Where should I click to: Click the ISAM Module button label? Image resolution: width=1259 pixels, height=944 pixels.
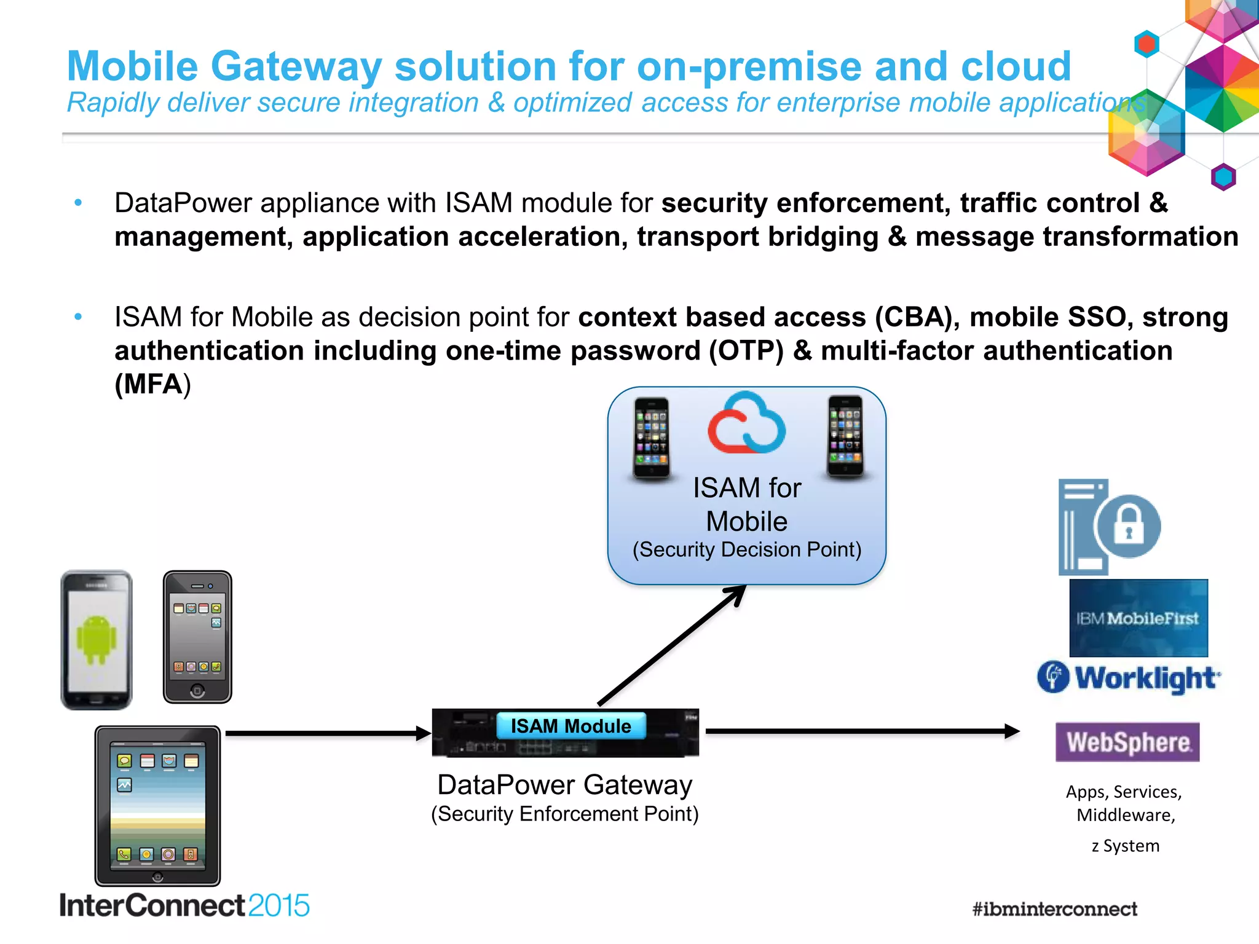pyautogui.click(x=571, y=726)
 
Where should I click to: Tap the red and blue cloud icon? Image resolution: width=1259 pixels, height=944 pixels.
pyautogui.click(x=746, y=424)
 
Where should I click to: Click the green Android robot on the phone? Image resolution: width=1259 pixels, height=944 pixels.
pyautogui.click(x=97, y=640)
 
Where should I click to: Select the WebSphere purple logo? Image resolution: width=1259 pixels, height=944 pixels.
pyautogui.click(x=1127, y=742)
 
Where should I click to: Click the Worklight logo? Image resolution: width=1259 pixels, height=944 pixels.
pyautogui.click(x=1129, y=678)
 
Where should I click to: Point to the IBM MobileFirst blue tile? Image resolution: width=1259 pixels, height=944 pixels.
pyautogui.click(x=1139, y=618)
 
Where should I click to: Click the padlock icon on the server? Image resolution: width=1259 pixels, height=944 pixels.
pyautogui.click(x=1129, y=526)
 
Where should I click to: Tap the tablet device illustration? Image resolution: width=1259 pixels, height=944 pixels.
pyautogui.click(x=157, y=806)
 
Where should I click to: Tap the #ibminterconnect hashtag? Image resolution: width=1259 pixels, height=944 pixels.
pyautogui.click(x=1054, y=909)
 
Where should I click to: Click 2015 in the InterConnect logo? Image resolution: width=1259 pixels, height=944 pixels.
pyautogui.click(x=278, y=906)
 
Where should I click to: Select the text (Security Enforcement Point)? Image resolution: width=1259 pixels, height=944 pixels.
pyautogui.click(x=564, y=814)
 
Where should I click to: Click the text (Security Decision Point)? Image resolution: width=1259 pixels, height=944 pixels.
pyautogui.click(x=747, y=549)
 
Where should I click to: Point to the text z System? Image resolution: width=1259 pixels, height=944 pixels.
pyautogui.click(x=1126, y=846)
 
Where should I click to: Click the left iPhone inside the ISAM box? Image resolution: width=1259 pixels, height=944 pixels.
pyautogui.click(x=652, y=437)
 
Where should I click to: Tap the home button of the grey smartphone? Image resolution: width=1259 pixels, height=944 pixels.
pyautogui.click(x=197, y=691)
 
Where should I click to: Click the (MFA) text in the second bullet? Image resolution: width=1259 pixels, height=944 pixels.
pyautogui.click(x=152, y=385)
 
